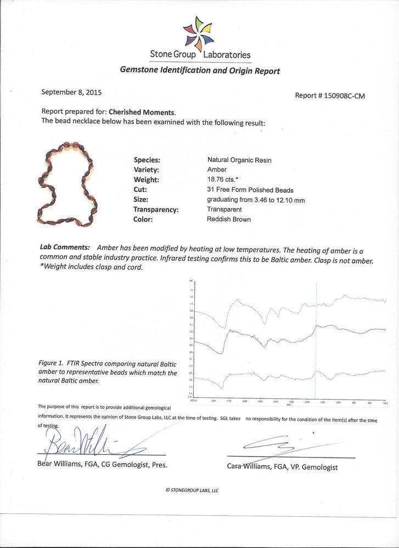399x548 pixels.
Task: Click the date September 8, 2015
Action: click(x=71, y=93)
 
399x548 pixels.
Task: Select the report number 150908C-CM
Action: click(x=330, y=95)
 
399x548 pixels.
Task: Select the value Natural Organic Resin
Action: click(x=239, y=160)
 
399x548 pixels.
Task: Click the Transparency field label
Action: click(x=157, y=209)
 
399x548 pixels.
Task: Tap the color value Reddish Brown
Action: click(x=229, y=219)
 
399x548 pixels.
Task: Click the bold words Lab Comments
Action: click(x=65, y=247)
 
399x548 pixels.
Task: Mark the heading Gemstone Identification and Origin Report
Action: click(x=200, y=71)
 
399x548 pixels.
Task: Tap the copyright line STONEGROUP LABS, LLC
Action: click(x=192, y=490)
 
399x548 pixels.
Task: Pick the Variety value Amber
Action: click(x=217, y=170)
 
